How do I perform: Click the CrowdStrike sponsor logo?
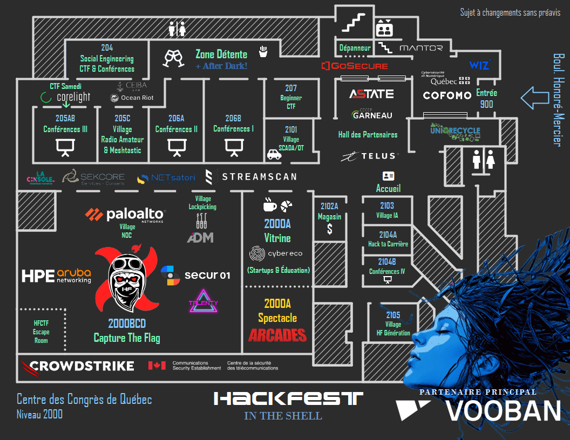[x=77, y=366]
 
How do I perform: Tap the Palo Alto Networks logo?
[x=125, y=215]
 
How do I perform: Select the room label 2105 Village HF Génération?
[x=393, y=324]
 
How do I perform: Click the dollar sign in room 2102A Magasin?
[x=329, y=229]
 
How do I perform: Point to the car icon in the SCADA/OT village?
[x=274, y=155]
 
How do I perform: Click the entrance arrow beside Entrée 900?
[x=534, y=98]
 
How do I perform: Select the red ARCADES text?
[x=277, y=335]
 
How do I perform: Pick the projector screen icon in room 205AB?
[x=65, y=147]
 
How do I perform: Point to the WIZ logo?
[x=479, y=65]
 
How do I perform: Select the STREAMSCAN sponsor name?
[x=251, y=176]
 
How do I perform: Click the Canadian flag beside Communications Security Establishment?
[x=157, y=366]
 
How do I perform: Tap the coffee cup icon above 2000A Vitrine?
[x=269, y=204]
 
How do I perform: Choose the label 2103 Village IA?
[x=387, y=210]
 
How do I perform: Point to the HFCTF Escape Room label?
[x=41, y=332]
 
